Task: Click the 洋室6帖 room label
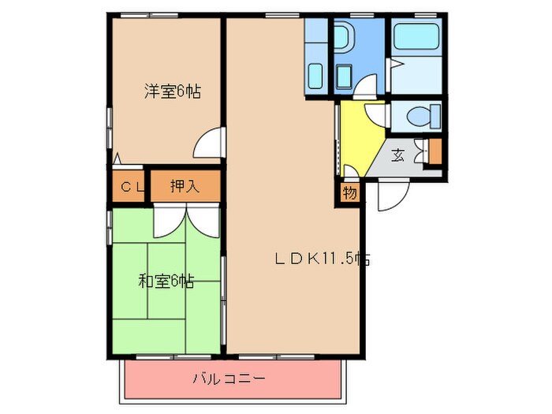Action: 171,91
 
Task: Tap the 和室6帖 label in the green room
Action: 166,280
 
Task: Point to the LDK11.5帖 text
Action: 323,258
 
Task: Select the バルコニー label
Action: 229,379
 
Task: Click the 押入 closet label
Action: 185,188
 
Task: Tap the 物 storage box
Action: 348,192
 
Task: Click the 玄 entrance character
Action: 399,155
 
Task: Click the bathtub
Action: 416,38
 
